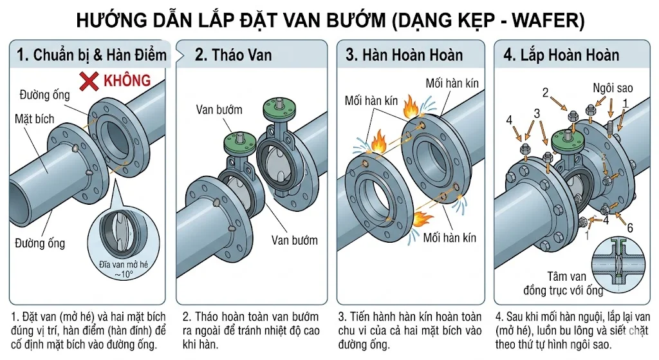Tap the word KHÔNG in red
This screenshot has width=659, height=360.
pyautogui.click(x=127, y=81)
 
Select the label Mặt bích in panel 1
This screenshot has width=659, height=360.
pyautogui.click(x=35, y=118)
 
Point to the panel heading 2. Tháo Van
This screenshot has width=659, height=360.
pyautogui.click(x=233, y=55)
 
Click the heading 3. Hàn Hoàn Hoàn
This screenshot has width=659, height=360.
pyautogui.click(x=404, y=55)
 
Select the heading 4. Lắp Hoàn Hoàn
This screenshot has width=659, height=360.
pyautogui.click(x=561, y=55)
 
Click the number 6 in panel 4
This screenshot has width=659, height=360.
pyautogui.click(x=629, y=227)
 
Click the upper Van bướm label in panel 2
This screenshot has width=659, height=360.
pyautogui.click(x=218, y=109)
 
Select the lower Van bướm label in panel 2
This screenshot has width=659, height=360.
pyautogui.click(x=294, y=240)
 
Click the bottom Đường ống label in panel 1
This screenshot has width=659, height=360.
pyautogui.click(x=40, y=243)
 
